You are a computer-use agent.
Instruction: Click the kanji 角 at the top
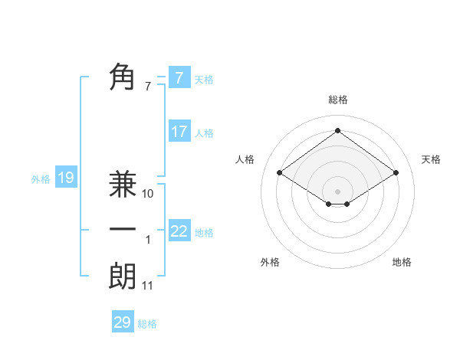[x=123, y=77]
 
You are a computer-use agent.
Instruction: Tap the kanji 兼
[x=123, y=185]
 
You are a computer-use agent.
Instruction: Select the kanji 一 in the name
[x=123, y=230]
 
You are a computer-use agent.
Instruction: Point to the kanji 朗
[x=123, y=277]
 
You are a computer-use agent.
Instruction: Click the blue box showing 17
[x=179, y=132]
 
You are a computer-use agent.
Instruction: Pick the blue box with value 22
[x=179, y=231]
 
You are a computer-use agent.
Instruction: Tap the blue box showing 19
[x=65, y=178]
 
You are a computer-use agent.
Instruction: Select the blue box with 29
[x=123, y=322]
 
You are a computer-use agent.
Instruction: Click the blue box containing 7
[x=179, y=77]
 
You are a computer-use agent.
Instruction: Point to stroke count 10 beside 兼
[x=148, y=194]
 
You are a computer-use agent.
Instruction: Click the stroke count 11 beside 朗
[x=148, y=286]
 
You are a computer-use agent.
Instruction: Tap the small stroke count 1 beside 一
[x=148, y=240]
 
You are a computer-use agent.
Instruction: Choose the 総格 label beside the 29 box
[x=147, y=324]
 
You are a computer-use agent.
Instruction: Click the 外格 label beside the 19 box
[x=41, y=179]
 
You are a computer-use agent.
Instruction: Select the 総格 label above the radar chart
[x=337, y=100]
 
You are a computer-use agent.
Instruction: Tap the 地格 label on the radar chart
[x=402, y=262]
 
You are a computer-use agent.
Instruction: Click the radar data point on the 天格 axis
[x=396, y=173]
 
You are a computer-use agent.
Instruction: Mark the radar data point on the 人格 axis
[x=280, y=173]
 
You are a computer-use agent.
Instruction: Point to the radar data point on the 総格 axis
[x=337, y=130]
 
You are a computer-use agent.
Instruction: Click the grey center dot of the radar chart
[x=337, y=190]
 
